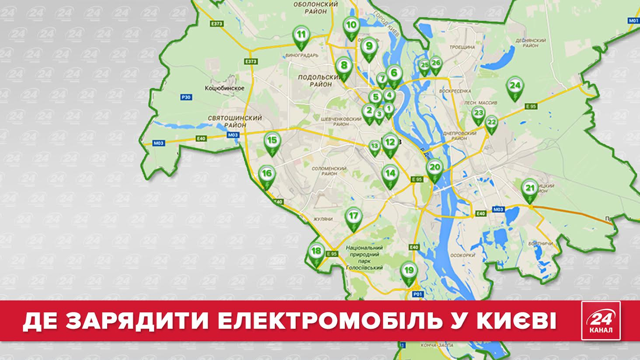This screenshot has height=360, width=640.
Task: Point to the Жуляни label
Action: point(323,219)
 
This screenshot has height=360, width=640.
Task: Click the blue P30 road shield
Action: point(186,98)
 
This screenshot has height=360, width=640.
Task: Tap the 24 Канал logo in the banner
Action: point(601,320)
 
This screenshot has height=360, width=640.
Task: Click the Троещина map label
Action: point(462,47)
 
